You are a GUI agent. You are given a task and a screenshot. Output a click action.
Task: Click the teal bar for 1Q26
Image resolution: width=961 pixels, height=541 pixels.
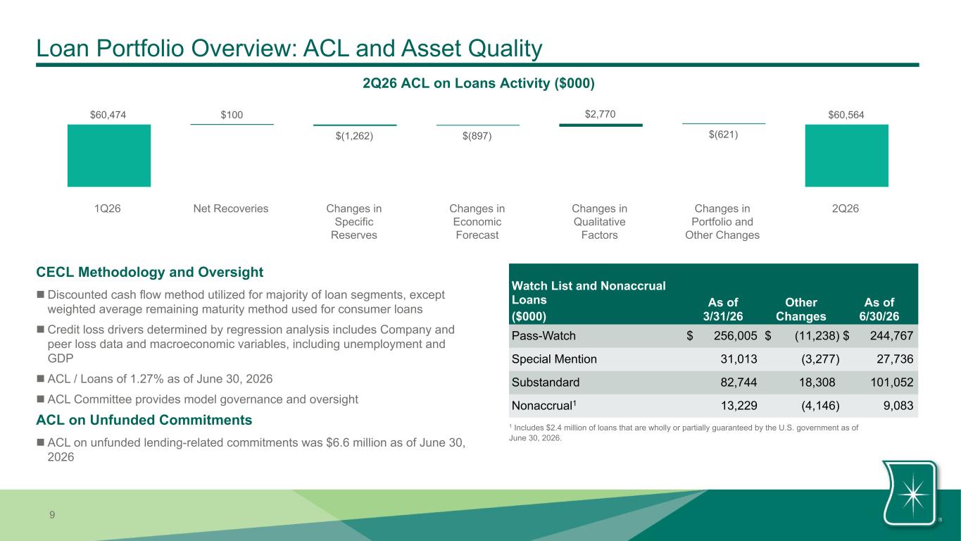[109, 156]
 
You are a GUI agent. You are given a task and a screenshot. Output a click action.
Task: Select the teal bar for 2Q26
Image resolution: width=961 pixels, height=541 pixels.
[846, 156]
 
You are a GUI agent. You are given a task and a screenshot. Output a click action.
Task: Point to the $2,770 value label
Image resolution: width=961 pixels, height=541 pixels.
[600, 114]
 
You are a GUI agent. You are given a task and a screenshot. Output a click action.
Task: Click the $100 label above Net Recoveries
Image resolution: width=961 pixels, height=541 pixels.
[232, 115]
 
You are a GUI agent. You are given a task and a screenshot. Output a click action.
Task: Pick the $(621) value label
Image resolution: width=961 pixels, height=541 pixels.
[723, 135]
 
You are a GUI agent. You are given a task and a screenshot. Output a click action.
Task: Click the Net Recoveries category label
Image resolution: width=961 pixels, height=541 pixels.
[231, 209]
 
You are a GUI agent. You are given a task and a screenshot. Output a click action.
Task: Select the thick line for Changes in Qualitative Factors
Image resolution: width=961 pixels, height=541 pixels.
[601, 125]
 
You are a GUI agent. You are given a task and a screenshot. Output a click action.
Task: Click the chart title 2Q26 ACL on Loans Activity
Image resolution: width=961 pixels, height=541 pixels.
[478, 83]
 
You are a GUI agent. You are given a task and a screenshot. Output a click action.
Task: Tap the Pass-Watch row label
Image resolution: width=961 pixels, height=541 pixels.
[544, 336]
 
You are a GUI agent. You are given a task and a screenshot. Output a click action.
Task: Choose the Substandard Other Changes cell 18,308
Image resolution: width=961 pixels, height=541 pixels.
[817, 382]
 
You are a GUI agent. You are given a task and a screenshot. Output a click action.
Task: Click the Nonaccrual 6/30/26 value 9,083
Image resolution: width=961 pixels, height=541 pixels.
[898, 405]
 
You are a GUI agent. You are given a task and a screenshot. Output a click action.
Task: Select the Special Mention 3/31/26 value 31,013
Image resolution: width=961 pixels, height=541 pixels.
[739, 359]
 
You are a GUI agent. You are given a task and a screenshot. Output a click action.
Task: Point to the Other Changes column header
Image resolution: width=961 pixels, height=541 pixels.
[801, 309]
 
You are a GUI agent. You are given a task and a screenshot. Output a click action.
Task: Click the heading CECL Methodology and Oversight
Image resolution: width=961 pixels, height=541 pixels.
[149, 272]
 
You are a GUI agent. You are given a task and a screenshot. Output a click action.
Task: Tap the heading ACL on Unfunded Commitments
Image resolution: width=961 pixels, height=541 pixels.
[144, 420]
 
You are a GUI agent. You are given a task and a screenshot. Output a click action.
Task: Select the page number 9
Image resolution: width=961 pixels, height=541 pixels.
[52, 515]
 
